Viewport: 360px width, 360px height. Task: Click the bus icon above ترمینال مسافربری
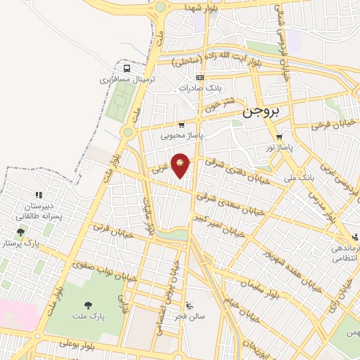pyautogui.click(x=127, y=69)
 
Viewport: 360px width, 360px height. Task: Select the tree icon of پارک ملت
pyautogui.click(x=89, y=305)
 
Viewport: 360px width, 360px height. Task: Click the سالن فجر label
pyautogui.click(x=190, y=317)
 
